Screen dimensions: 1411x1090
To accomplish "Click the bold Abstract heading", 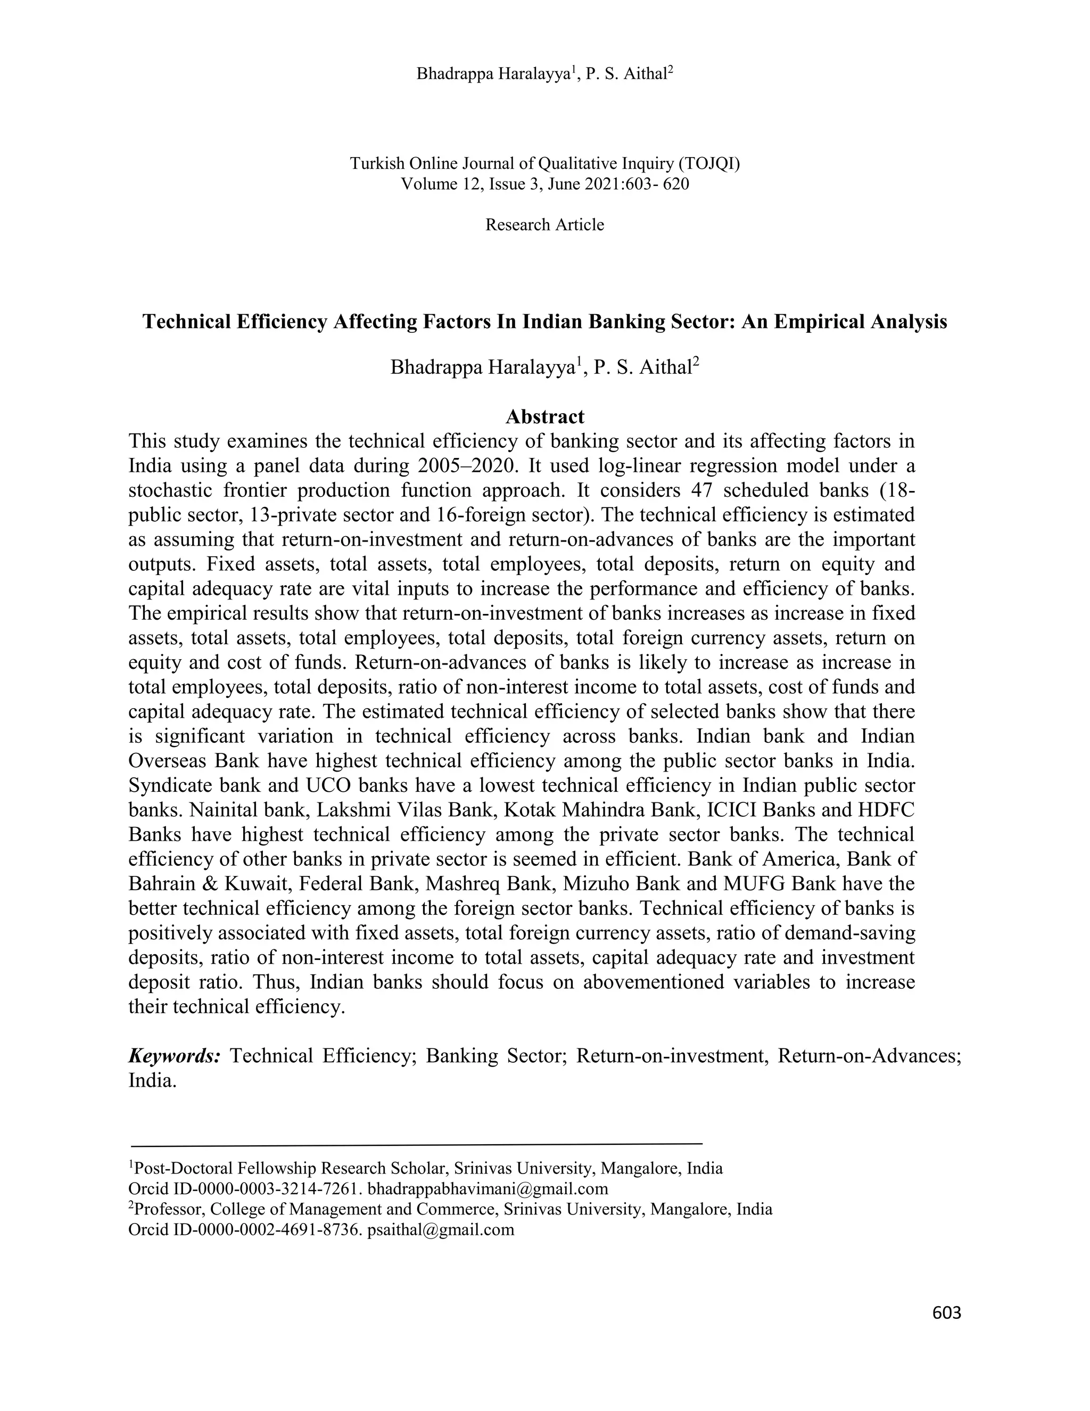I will coord(544,417).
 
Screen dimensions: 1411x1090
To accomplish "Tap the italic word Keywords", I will coord(175,1056).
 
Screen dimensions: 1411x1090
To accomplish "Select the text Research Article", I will coord(544,225).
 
